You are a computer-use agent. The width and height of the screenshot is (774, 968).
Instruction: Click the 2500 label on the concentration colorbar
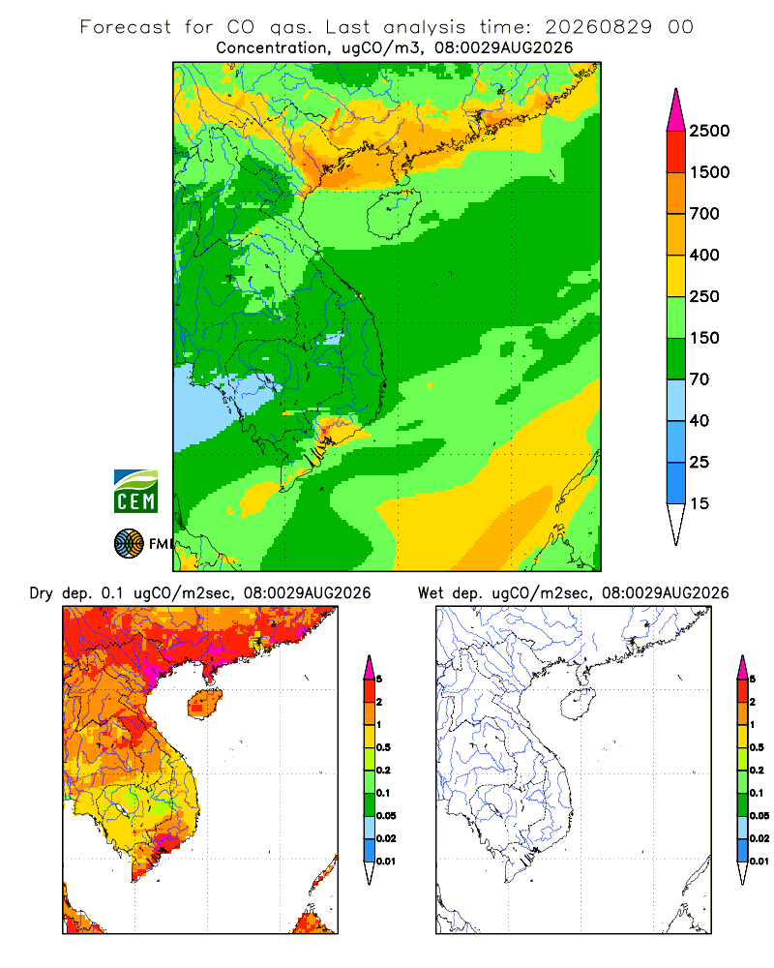tap(709, 131)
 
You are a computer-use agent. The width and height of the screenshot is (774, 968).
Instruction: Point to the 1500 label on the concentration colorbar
tap(709, 172)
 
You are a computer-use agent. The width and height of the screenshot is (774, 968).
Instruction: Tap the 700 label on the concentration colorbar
tap(704, 214)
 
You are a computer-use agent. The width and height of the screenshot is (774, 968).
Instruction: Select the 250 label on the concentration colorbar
tap(704, 296)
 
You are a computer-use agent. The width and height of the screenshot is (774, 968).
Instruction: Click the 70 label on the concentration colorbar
tap(700, 379)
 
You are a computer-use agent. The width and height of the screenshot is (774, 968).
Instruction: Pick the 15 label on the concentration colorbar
tap(700, 503)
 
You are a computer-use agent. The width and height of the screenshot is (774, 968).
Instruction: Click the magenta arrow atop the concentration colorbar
tap(676, 109)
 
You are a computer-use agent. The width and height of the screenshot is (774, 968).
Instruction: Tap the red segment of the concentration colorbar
tap(676, 152)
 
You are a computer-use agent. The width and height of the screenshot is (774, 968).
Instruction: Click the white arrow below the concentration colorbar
tap(676, 524)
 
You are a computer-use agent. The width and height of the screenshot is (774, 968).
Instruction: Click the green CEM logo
tap(135, 491)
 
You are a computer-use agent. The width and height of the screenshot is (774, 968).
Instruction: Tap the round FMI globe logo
tap(129, 544)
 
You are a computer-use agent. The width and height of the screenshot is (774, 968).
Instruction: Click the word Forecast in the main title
tap(126, 27)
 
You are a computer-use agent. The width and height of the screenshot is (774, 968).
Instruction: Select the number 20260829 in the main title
tap(598, 27)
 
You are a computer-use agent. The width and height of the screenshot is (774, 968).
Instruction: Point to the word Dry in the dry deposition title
tap(42, 593)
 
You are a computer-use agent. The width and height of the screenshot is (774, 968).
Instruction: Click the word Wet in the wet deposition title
tap(431, 593)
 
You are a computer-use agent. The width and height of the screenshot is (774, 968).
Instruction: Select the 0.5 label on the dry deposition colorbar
tap(383, 747)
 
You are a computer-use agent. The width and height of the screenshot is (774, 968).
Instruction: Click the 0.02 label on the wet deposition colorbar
tap(759, 838)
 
